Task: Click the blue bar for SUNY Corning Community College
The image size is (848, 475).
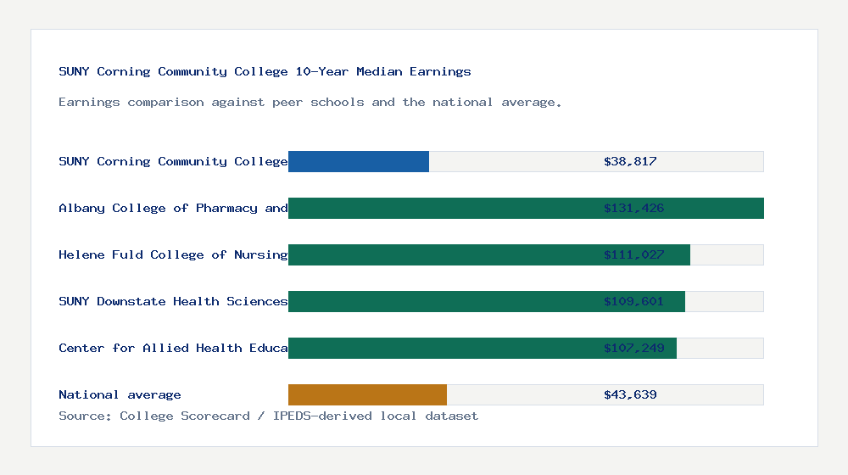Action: (359, 161)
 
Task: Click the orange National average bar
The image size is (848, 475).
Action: (367, 394)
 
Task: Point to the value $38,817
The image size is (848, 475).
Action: (630, 161)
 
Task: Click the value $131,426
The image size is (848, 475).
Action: (633, 208)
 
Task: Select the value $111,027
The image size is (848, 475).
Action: (633, 254)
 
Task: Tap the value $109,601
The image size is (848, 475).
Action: (633, 301)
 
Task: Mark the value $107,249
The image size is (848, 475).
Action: (633, 348)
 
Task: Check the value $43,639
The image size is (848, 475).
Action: (630, 394)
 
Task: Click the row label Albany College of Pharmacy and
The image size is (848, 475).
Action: (173, 208)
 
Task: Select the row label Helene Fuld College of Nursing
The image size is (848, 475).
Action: (173, 254)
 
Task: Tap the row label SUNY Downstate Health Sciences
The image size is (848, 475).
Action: (173, 301)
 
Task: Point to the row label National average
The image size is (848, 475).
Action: (120, 394)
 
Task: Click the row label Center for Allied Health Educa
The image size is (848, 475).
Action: (173, 348)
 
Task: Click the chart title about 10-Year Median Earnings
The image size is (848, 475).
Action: (265, 71)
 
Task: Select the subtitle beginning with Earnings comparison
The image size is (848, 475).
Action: (310, 102)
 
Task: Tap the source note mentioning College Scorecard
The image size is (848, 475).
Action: (268, 416)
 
